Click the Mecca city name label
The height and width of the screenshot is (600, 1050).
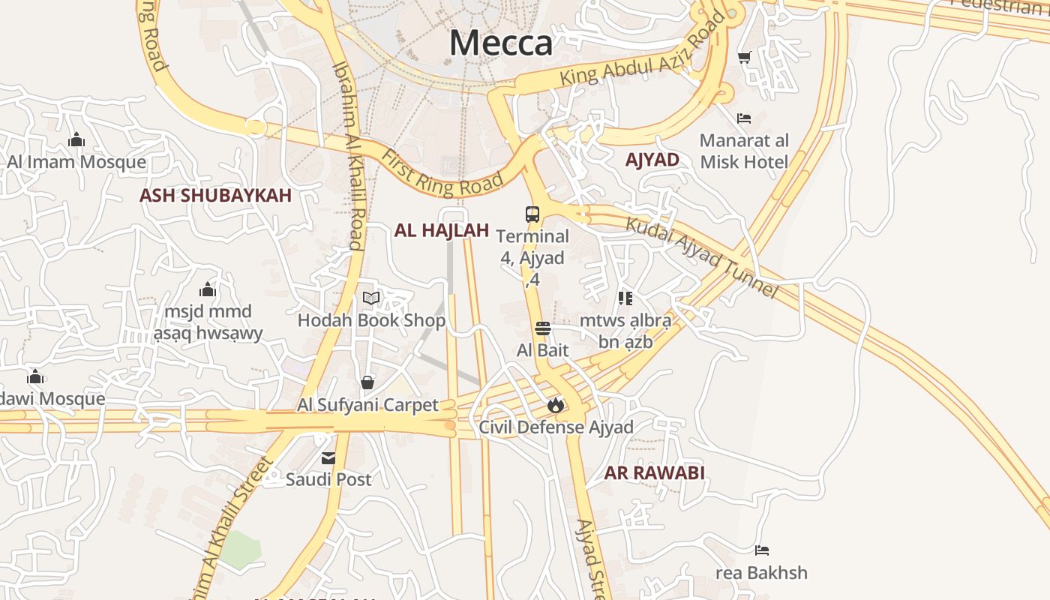point(501,43)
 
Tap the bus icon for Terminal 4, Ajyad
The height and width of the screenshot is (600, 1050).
point(532,214)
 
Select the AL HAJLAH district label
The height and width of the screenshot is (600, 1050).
point(442,230)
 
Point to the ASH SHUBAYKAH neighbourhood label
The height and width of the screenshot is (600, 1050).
point(215,196)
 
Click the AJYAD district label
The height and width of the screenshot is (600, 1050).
point(652,160)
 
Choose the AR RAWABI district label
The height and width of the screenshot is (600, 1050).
point(655,473)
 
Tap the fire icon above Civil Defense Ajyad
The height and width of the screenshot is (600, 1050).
point(555,406)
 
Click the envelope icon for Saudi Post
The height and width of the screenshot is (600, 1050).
point(328,458)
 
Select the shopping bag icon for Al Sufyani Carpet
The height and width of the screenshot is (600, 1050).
point(367,383)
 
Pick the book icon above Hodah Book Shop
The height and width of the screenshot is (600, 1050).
point(371,298)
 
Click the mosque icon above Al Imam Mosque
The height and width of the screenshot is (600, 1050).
point(76,140)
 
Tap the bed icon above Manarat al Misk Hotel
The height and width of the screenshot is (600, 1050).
point(744,118)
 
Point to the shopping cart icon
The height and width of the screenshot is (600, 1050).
point(745,57)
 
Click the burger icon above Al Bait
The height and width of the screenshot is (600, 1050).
point(543,328)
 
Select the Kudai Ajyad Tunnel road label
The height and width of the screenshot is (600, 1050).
point(702,257)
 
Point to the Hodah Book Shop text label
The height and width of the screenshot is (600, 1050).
point(371,321)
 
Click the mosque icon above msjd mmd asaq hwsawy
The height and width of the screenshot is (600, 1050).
point(208,290)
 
